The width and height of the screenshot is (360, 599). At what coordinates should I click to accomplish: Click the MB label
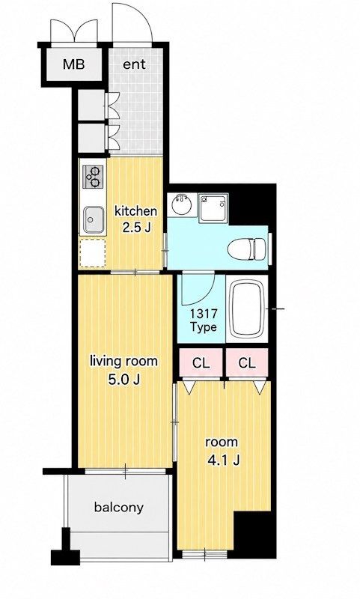73,64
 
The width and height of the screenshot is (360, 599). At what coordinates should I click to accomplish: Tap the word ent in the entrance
134,64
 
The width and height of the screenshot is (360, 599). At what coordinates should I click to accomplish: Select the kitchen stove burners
93,177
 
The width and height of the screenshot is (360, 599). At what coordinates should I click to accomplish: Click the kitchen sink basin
94,219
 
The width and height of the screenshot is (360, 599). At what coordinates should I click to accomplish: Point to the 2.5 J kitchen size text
136,228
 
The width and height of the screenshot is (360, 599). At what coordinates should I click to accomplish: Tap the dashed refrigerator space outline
92,253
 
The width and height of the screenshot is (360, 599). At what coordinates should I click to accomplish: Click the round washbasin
180,204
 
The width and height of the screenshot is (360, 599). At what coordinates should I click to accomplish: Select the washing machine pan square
213,208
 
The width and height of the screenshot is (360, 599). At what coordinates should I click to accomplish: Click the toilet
247,249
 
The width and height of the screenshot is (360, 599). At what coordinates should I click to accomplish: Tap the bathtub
248,308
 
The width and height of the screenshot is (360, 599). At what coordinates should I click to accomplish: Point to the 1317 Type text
204,320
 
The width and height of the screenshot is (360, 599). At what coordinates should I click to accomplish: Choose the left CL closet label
201,363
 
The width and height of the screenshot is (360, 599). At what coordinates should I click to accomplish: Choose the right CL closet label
247,363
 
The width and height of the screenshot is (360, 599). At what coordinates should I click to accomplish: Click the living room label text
123,361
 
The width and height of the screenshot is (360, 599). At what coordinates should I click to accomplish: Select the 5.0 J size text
123,379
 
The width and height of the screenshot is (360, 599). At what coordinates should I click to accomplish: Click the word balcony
119,508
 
